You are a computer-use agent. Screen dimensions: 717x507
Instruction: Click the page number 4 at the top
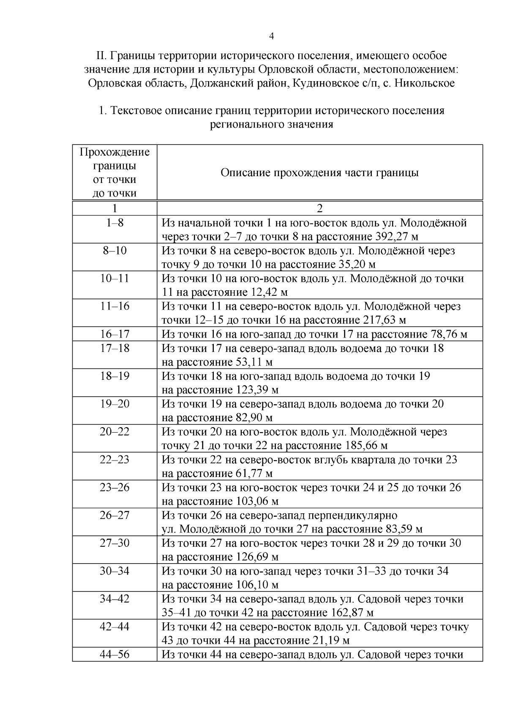tap(272, 36)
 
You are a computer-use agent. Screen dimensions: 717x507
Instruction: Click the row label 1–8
tap(114, 223)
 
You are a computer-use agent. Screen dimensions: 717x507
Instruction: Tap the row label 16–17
tap(114, 334)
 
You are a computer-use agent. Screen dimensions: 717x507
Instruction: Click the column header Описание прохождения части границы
tap(319, 173)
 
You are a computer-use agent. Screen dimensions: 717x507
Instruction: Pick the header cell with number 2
tap(319, 208)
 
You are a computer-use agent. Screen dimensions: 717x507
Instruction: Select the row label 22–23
tap(114, 459)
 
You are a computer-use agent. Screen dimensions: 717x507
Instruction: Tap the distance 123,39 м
tap(256, 390)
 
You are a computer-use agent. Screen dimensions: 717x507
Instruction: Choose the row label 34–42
tap(114, 599)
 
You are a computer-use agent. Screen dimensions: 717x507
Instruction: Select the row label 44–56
tap(114, 654)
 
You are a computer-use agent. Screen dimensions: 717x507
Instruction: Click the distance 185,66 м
tap(366, 445)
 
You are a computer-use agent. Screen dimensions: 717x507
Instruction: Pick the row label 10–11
tap(114, 278)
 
